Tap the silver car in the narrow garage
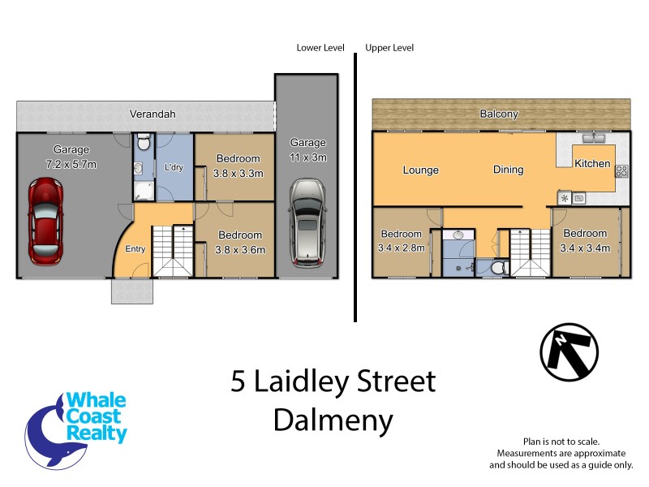(306, 222)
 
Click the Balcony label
(499, 114)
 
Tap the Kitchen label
(592, 163)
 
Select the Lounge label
(420, 170)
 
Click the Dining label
(508, 170)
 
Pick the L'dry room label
(174, 167)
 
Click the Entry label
(135, 248)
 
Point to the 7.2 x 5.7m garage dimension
(71, 165)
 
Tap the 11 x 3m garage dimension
(307, 157)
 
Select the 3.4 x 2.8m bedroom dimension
(402, 248)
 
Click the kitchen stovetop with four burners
(622, 170)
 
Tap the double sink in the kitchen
(594, 137)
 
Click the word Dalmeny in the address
(333, 420)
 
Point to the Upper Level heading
(389, 48)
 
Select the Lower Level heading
(321, 48)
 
